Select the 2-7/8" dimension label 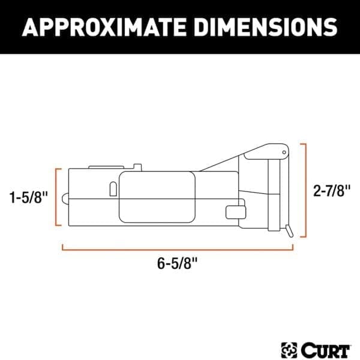[332, 191]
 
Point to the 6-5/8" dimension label [179, 262]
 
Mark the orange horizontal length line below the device [178, 246]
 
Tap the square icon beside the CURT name [287, 347]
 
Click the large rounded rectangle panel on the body [157, 196]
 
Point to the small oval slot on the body [113, 188]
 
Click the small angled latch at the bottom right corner [289, 230]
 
